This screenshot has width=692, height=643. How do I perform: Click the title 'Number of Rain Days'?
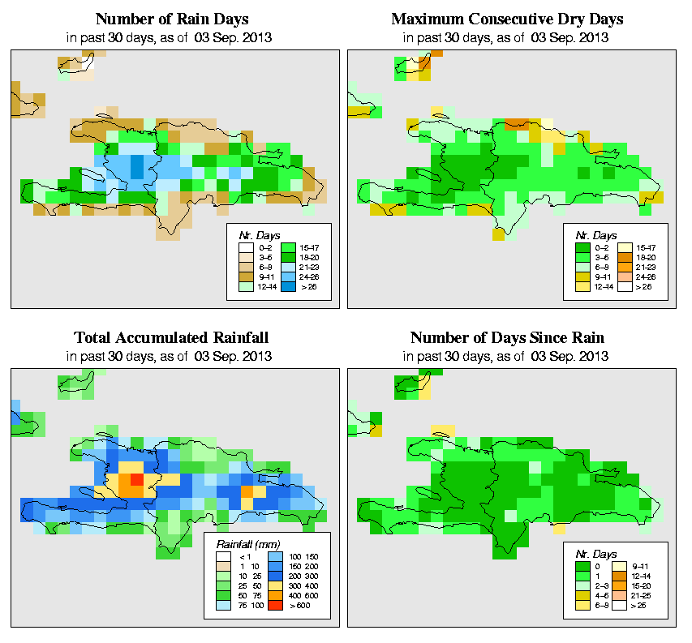[172, 19]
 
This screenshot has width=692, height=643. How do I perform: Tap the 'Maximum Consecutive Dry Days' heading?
[507, 19]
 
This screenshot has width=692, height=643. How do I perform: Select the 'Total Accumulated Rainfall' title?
[172, 338]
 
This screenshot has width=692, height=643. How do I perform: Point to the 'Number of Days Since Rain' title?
[507, 338]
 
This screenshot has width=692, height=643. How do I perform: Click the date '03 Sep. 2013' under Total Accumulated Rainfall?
[239, 356]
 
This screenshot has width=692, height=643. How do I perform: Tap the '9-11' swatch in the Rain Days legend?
[246, 275]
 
